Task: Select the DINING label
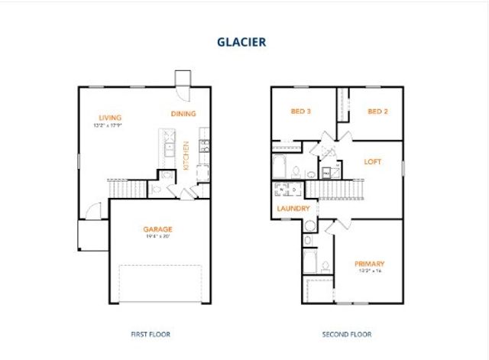(183, 114)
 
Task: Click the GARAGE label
(158, 229)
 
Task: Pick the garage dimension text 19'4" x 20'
(158, 236)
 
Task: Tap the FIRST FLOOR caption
(150, 334)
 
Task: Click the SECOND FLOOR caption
(347, 334)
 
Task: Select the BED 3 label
(301, 112)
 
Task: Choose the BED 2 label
(377, 112)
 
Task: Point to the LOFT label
(372, 162)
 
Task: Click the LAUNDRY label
(293, 208)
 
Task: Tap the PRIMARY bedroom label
(369, 264)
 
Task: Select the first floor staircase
(125, 188)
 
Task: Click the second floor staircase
(336, 189)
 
